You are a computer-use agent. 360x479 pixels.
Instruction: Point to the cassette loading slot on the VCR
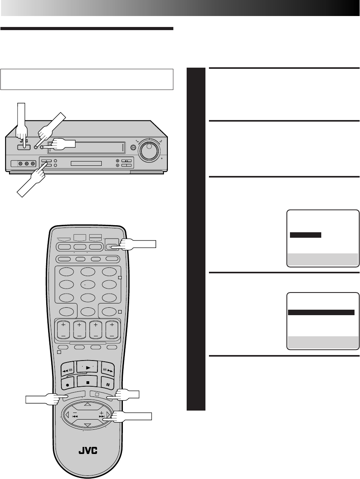pos(86,149)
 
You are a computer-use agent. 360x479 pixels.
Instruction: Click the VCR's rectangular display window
pos(86,163)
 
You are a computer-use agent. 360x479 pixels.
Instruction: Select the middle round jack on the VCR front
pos(26,163)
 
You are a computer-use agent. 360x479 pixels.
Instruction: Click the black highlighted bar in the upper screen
pos(305,235)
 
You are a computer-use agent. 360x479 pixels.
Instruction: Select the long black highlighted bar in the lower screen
pos(321,312)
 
